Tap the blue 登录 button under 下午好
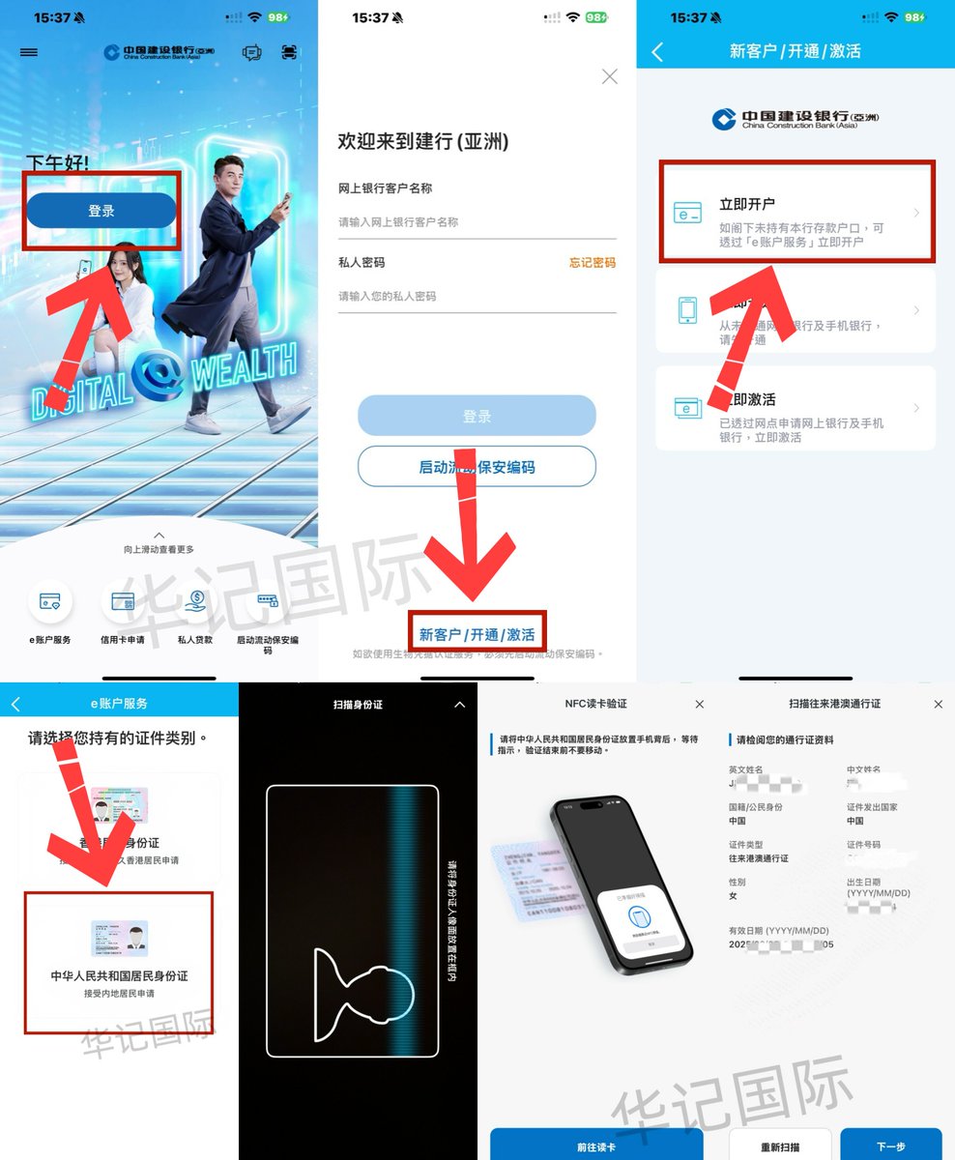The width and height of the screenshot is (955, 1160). click(x=101, y=211)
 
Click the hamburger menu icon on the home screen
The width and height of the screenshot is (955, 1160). click(x=29, y=52)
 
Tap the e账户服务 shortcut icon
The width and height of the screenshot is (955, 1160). click(x=49, y=602)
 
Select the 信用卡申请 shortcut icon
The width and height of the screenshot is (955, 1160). click(x=123, y=602)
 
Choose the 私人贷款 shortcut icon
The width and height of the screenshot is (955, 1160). click(x=194, y=602)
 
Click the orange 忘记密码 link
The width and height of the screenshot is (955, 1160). click(x=592, y=263)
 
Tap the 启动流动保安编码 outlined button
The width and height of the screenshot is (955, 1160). click(x=477, y=467)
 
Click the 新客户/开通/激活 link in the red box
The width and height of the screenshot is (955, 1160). click(x=477, y=635)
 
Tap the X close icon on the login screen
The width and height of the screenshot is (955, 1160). click(x=609, y=77)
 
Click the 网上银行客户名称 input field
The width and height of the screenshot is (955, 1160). click(x=477, y=222)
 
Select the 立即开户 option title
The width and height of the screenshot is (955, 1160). click(x=747, y=205)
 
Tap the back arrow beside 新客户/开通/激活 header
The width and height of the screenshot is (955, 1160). click(x=658, y=52)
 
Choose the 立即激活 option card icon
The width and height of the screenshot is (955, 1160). click(x=687, y=408)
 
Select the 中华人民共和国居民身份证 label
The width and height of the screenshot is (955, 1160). click(x=119, y=976)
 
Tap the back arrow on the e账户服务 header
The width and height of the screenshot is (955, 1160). click(x=14, y=704)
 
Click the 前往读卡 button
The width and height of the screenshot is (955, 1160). click(x=596, y=1147)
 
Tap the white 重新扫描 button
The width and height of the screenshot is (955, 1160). click(x=780, y=1147)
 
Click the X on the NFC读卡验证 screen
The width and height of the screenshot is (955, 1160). click(x=700, y=705)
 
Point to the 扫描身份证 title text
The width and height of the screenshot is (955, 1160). click(x=358, y=705)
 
